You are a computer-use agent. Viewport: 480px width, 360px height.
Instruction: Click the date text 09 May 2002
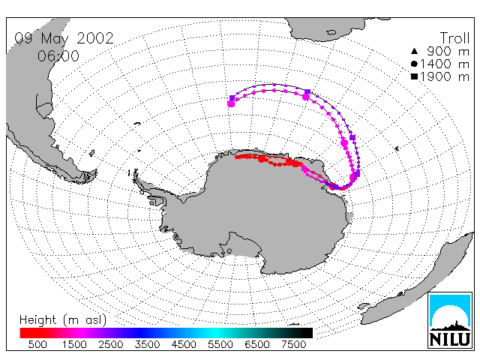tap(64, 38)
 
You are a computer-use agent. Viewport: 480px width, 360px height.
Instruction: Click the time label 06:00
tap(58, 56)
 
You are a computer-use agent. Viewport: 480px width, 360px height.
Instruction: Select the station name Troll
tap(454, 38)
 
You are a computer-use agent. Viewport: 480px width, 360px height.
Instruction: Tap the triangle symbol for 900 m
tap(414, 51)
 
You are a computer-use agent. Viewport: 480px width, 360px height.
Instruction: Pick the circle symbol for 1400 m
tap(414, 64)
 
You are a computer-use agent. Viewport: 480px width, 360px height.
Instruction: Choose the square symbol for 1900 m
tap(414, 76)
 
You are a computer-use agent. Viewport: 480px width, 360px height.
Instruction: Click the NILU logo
tap(450, 320)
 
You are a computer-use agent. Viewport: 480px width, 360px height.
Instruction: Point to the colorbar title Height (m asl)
tap(63, 320)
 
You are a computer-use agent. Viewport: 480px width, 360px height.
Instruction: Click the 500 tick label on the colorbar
tap(37, 344)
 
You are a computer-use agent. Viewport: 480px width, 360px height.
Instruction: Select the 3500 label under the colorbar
tap(147, 344)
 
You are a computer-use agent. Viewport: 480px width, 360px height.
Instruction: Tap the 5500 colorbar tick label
tap(220, 344)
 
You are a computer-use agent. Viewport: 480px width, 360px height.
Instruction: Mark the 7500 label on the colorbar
tap(293, 344)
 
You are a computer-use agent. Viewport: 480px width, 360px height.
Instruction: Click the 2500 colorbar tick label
tap(111, 344)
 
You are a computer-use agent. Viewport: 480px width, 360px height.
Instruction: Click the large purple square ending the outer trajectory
tap(232, 98)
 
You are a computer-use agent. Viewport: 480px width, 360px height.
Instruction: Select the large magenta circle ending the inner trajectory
tap(231, 104)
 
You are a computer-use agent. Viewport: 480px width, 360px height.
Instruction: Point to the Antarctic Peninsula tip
tap(135, 175)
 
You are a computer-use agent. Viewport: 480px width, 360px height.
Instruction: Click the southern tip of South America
tap(88, 179)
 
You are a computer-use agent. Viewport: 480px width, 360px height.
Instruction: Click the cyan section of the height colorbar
tap(214, 333)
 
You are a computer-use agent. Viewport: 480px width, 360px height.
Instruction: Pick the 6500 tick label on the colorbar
tap(257, 344)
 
